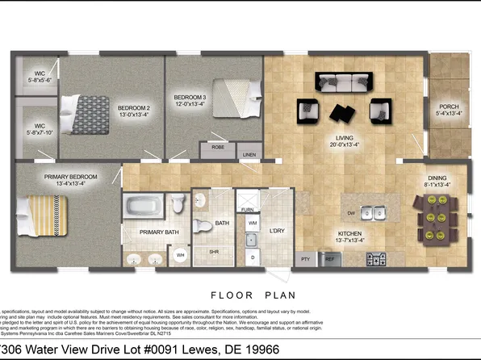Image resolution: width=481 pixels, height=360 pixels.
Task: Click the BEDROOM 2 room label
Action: click(x=134, y=111)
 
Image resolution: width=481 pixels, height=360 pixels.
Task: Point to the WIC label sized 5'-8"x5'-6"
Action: click(x=39, y=77)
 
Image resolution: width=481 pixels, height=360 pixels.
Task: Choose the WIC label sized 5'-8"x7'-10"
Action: click(x=39, y=128)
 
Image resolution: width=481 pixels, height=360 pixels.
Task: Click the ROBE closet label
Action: click(x=218, y=148)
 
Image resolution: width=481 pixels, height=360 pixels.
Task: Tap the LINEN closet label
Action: click(x=250, y=154)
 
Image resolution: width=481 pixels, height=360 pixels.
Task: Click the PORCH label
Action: click(x=449, y=110)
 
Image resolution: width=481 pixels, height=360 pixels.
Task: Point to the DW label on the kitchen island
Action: click(x=351, y=213)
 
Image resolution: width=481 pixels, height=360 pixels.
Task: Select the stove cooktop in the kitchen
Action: click(x=376, y=259)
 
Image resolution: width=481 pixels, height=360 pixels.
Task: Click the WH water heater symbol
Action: click(x=180, y=257)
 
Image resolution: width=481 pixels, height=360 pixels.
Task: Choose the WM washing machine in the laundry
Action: click(x=253, y=222)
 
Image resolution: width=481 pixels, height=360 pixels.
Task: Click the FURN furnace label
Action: click(x=247, y=207)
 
